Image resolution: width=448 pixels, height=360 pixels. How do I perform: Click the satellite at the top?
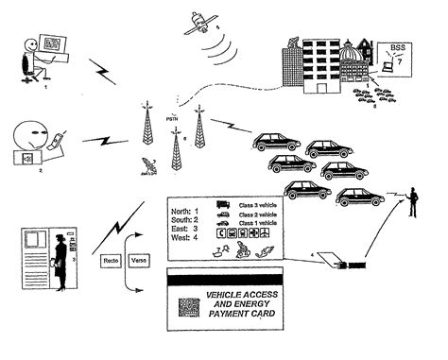201,25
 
